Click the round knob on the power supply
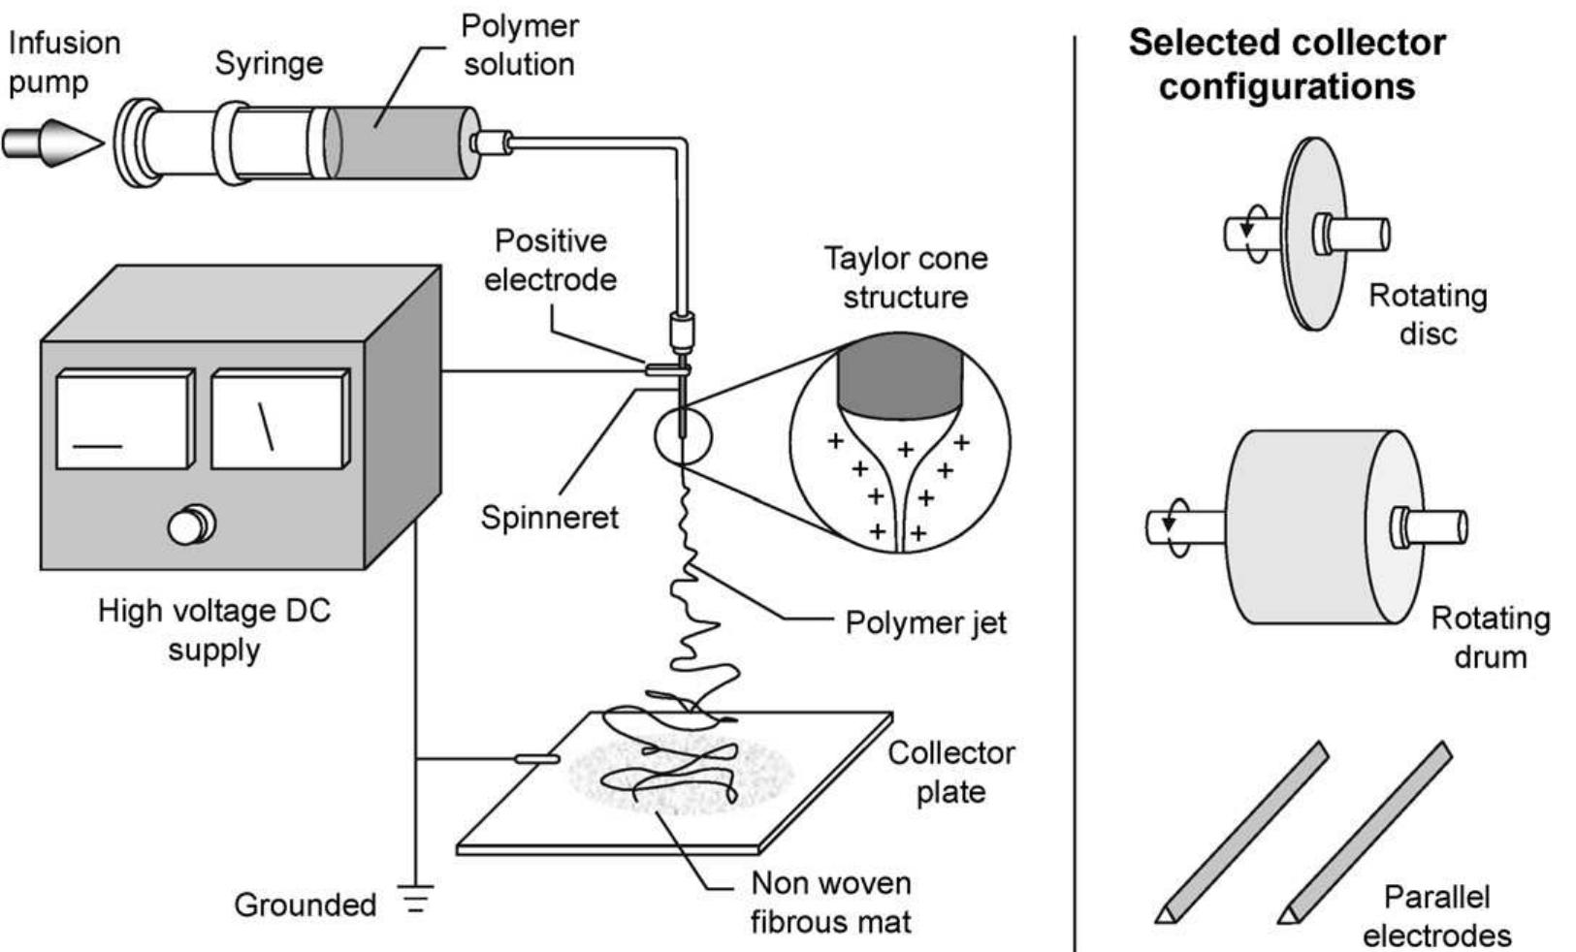pyautogui.click(x=190, y=525)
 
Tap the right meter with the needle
pyautogui.click(x=277, y=419)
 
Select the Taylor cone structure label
pyautogui.click(x=905, y=277)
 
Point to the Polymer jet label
pyautogui.click(x=925, y=622)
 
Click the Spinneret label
pyautogui.click(x=549, y=517)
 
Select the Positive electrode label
pyautogui.click(x=550, y=260)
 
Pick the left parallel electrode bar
pyautogui.click(x=1241, y=832)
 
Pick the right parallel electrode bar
pyautogui.click(x=1366, y=832)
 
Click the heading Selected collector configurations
pyautogui.click(x=1287, y=64)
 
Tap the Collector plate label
pyautogui.click(x=950, y=772)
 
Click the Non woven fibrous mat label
pyautogui.click(x=831, y=902)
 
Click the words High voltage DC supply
pyautogui.click(x=214, y=629)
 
